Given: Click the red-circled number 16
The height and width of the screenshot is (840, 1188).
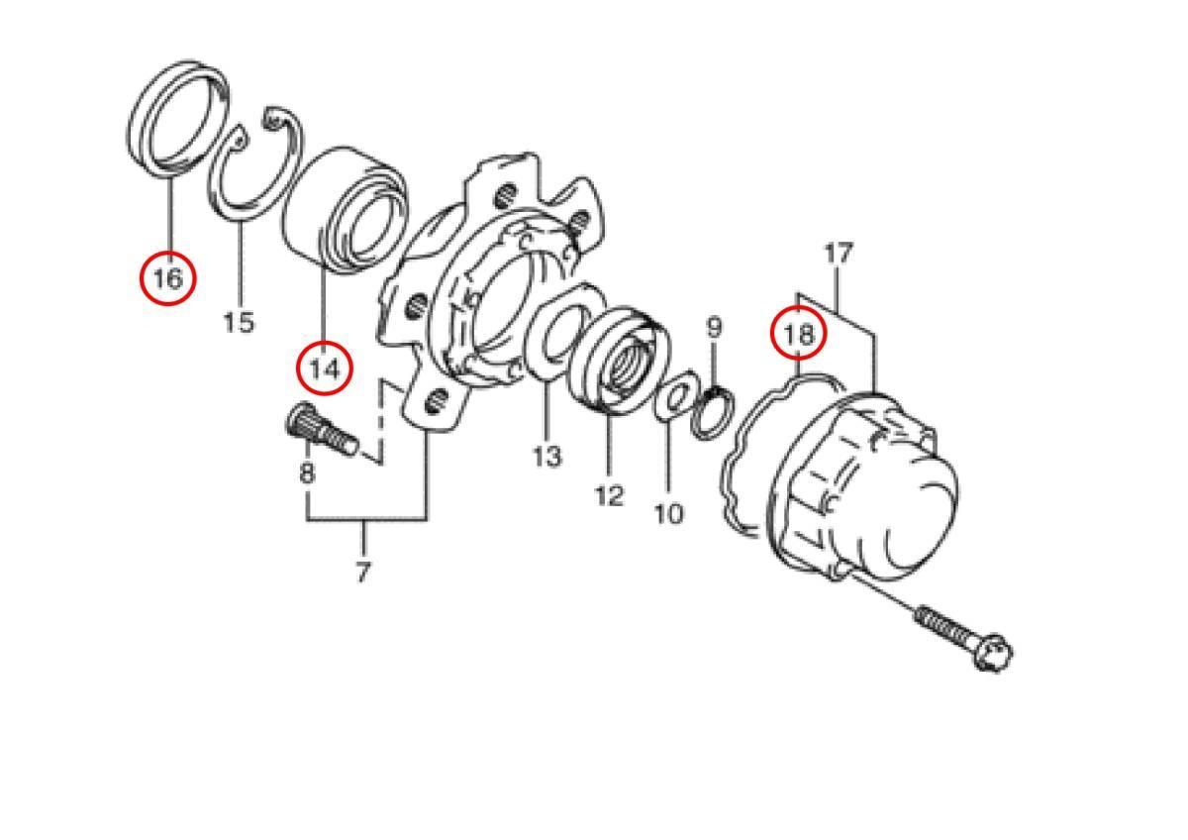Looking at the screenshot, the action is coord(168,278).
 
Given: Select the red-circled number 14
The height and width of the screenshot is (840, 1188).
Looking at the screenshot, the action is coord(324,368).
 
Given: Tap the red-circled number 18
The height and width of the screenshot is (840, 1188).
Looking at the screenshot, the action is coord(798,334).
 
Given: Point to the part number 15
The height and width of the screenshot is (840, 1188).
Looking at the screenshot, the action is coord(239,323).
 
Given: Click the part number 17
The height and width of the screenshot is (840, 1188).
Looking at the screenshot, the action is coord(839,254).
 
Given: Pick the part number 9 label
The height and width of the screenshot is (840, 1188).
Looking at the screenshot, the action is coord(715,327).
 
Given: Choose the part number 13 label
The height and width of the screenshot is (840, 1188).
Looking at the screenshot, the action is coord(546,457).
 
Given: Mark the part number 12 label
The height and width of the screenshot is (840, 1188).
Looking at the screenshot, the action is coord(610,495).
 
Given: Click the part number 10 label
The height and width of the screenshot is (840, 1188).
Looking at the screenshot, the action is coord(669,514).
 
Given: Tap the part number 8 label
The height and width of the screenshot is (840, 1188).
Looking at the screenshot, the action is coord(307,472).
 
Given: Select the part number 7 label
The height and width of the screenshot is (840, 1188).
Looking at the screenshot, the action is coord(362,572).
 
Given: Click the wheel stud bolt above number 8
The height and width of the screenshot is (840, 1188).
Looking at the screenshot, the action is coord(322,428).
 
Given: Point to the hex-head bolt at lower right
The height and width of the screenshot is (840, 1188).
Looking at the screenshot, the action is coord(963,639).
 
